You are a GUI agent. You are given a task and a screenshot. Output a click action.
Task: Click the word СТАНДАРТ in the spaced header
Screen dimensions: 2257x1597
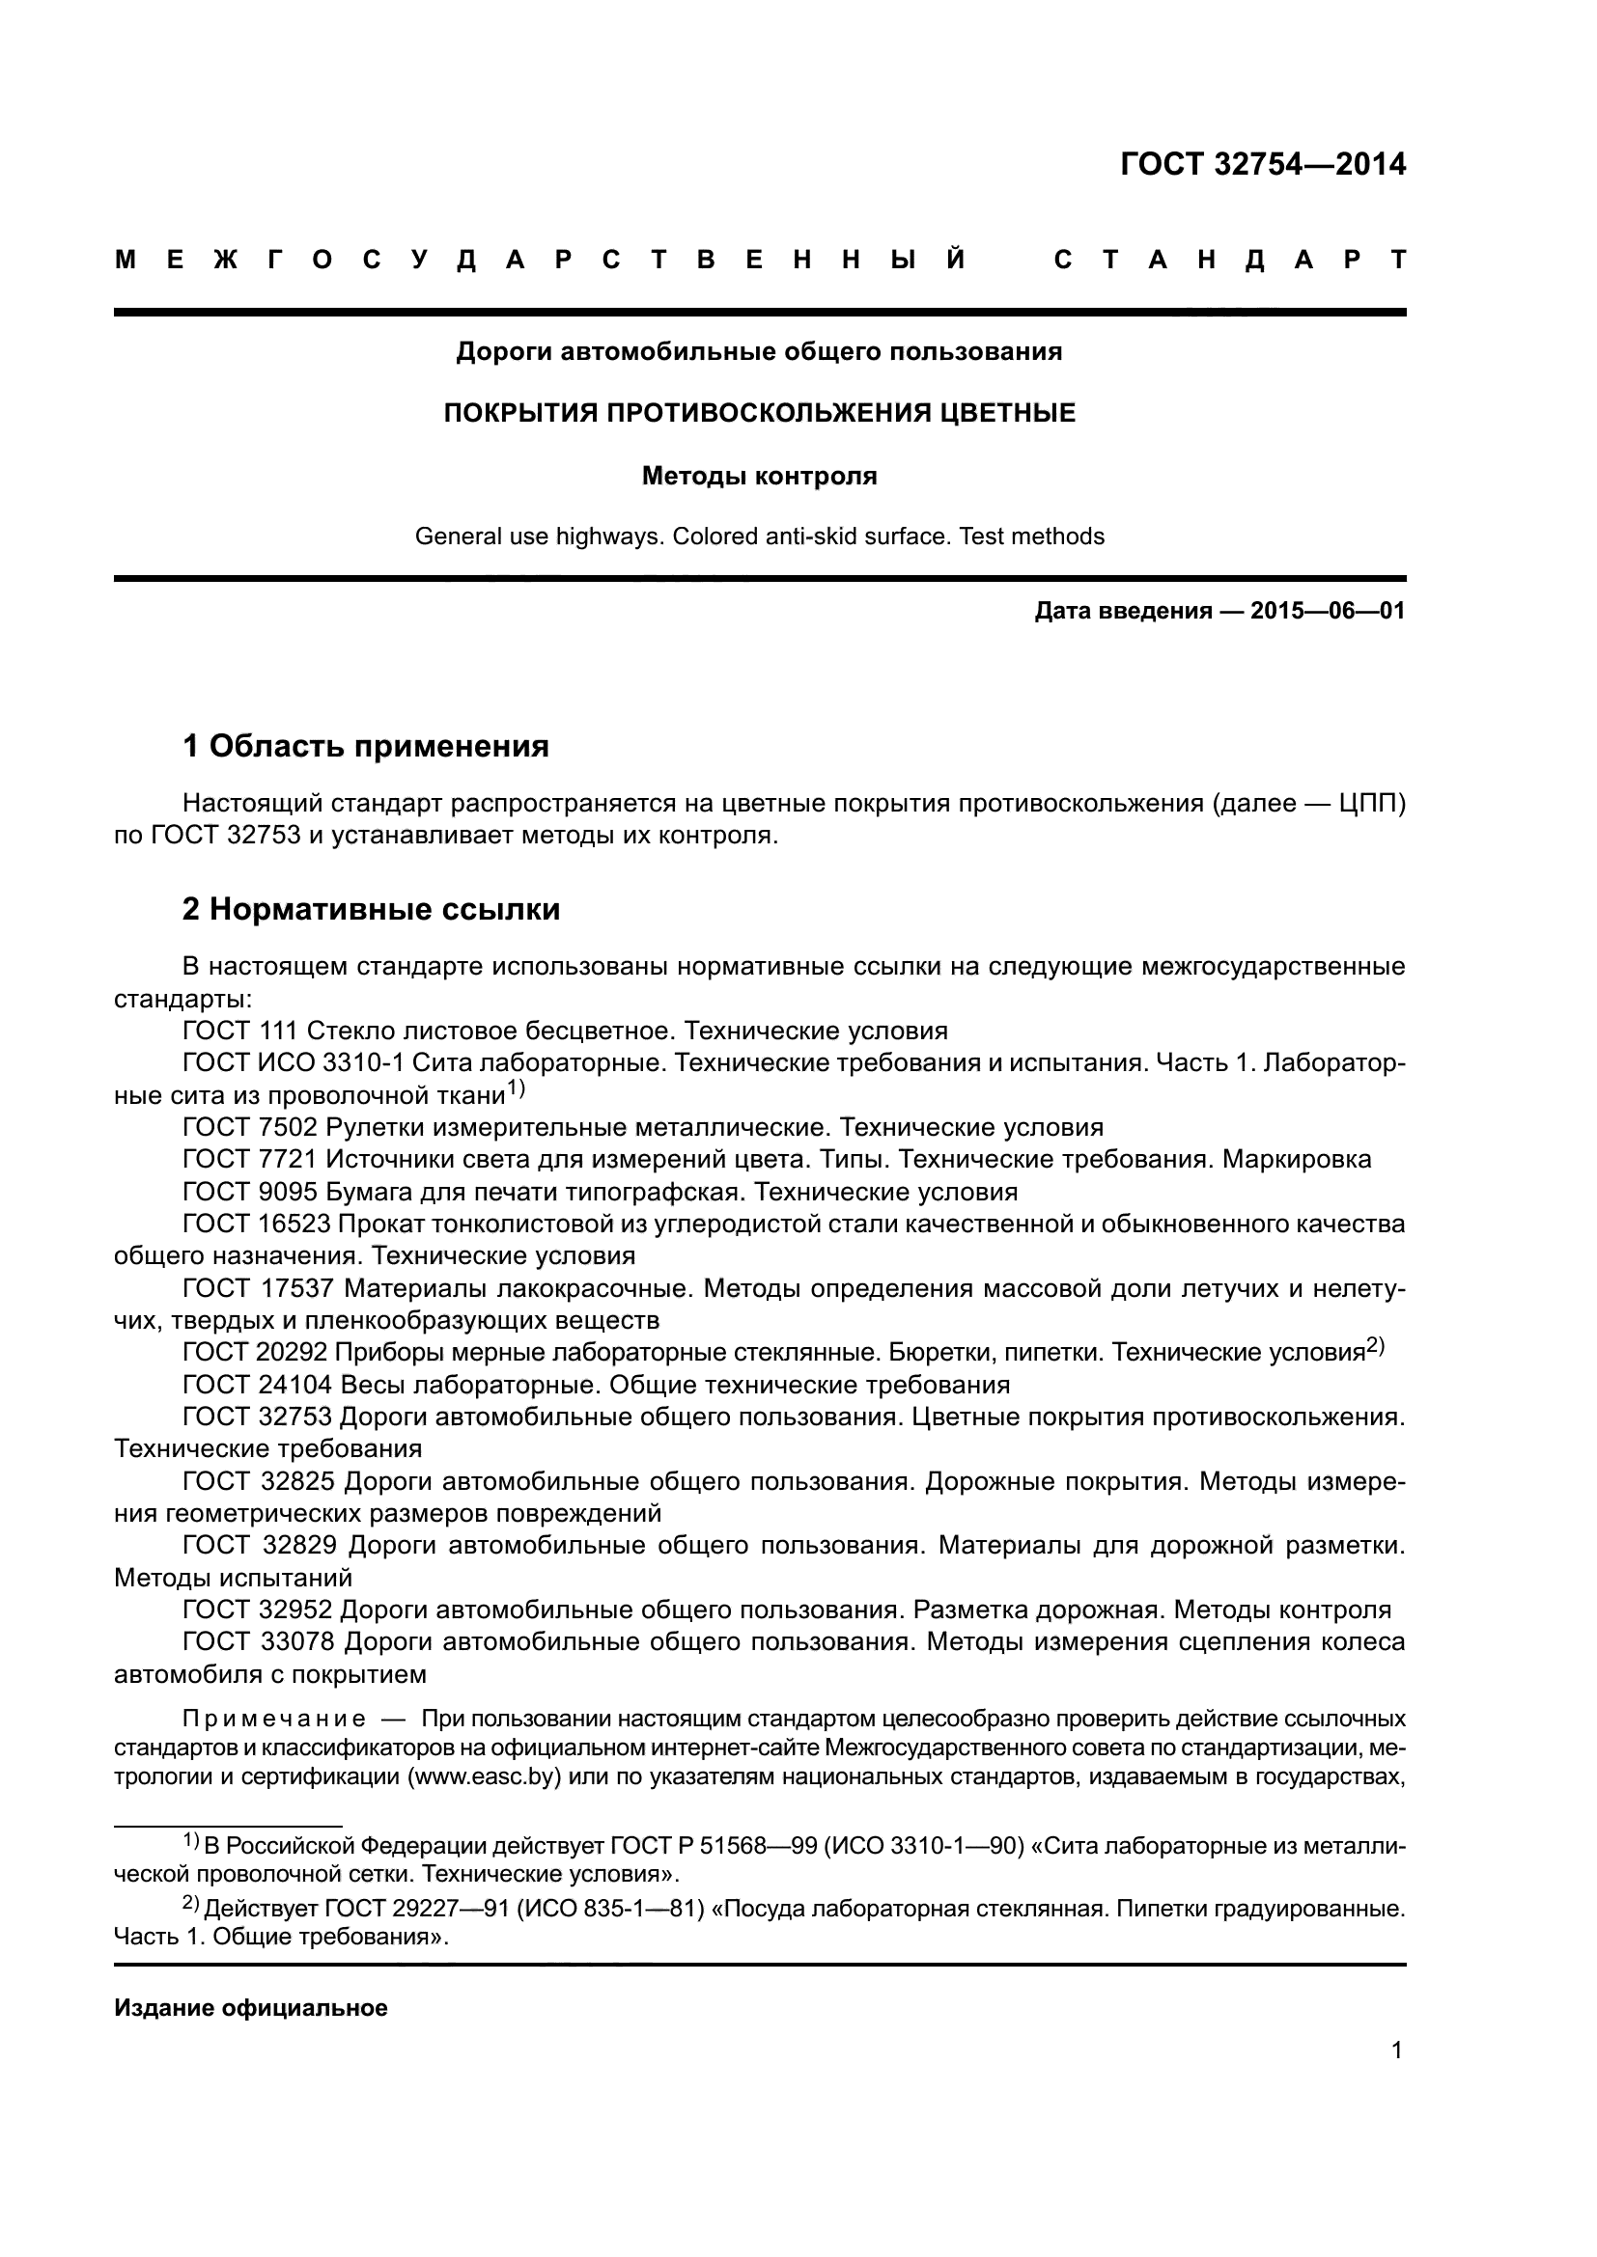(x=1229, y=261)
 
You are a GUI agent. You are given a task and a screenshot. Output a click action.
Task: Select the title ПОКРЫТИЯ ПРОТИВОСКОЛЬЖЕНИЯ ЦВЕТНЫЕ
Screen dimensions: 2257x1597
(x=759, y=413)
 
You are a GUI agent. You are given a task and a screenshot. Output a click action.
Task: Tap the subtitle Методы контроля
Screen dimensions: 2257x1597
(x=759, y=477)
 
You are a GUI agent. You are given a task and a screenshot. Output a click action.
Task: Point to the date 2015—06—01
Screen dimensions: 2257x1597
(x=1327, y=612)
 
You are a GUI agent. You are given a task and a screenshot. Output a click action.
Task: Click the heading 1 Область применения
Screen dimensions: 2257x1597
(x=365, y=746)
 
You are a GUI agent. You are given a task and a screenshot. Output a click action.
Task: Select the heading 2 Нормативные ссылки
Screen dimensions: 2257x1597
(x=371, y=909)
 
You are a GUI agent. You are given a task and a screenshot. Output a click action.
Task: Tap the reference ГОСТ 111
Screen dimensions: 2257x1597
(x=240, y=1031)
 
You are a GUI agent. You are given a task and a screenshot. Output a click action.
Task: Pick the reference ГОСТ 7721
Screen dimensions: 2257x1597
(x=250, y=1159)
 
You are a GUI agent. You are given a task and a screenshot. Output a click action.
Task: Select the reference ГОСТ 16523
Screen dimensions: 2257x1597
(x=257, y=1224)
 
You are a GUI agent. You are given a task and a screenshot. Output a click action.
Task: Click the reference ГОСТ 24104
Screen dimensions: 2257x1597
(x=257, y=1385)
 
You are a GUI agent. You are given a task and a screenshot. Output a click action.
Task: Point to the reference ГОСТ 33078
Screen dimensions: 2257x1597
(x=259, y=1641)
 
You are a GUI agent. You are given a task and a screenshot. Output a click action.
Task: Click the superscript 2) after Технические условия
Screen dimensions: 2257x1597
(x=1375, y=1347)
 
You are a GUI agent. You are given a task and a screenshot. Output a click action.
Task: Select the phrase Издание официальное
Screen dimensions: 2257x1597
(x=251, y=2007)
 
